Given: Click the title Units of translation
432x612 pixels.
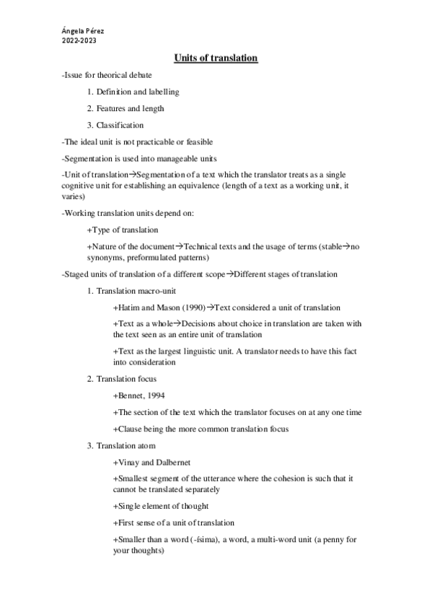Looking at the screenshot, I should click(x=216, y=58).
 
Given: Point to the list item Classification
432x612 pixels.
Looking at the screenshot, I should click(x=120, y=125).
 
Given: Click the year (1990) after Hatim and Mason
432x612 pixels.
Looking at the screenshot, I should click(x=192, y=307).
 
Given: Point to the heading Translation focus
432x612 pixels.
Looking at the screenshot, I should click(x=126, y=379).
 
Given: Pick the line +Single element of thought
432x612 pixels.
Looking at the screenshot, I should click(x=161, y=506).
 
